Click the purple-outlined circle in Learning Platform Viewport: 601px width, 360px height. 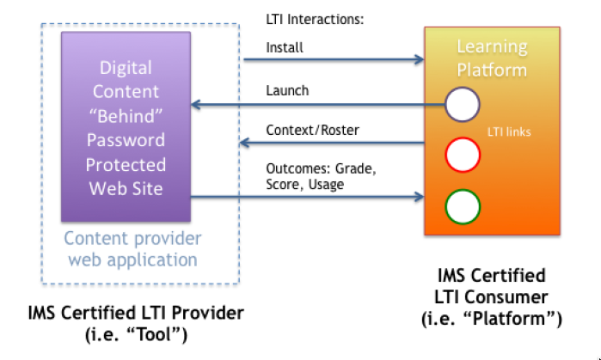pos(462,106)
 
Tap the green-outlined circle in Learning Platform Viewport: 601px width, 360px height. pos(462,206)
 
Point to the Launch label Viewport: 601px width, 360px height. pos(288,90)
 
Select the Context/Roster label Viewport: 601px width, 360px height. pos(310,131)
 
